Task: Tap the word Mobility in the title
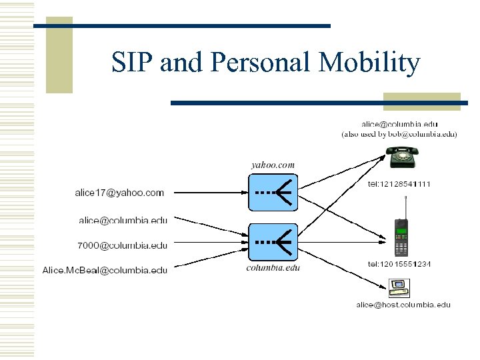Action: (370, 63)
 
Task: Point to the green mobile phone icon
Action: (401, 237)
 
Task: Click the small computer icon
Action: (399, 288)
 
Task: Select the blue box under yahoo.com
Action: (273, 192)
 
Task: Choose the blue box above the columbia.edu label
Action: (273, 242)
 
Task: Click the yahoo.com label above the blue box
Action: (273, 165)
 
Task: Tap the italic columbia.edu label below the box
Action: (273, 268)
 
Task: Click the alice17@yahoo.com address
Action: (119, 193)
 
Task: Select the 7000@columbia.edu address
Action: (123, 245)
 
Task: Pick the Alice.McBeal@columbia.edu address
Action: (105, 270)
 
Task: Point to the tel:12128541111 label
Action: (399, 184)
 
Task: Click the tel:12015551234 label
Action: (399, 264)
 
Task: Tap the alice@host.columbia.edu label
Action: (403, 305)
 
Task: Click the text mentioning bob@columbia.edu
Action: (399, 134)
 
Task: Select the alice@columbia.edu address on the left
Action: (123, 219)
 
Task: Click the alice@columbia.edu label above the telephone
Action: (399, 124)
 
